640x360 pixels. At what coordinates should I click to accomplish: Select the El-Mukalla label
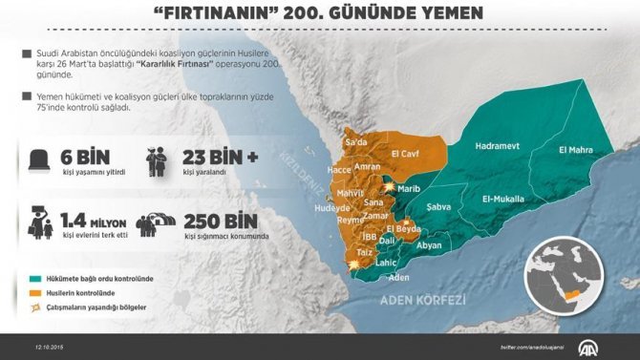(x=503, y=199)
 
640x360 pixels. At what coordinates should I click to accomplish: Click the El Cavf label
(x=406, y=152)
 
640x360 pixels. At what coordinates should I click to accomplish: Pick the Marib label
(x=409, y=188)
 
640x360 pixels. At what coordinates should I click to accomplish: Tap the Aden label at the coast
(x=399, y=277)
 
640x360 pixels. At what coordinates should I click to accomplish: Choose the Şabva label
(x=438, y=206)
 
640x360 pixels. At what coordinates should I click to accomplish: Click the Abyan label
(x=430, y=245)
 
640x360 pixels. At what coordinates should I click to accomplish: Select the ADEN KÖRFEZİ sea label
(x=423, y=300)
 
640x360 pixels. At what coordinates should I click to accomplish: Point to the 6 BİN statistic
(x=80, y=157)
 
